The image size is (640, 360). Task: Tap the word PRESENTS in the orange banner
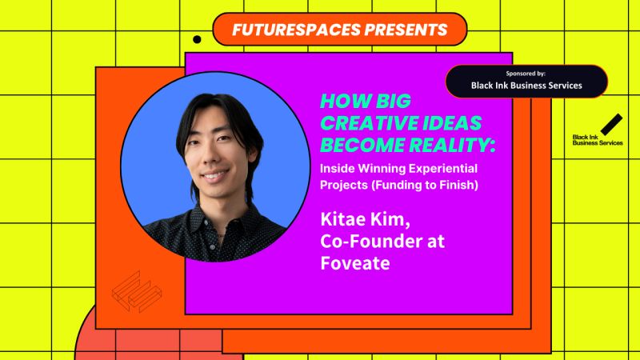[x=400, y=30]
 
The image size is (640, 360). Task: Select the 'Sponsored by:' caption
[x=526, y=73]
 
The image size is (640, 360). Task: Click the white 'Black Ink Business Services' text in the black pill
[x=526, y=86]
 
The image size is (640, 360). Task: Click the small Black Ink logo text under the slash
[x=597, y=140]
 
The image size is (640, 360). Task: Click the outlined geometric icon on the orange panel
[x=133, y=289]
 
